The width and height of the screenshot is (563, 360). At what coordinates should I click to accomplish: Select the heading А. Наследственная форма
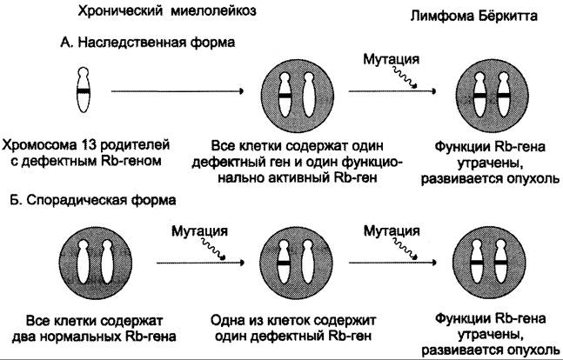tap(147, 43)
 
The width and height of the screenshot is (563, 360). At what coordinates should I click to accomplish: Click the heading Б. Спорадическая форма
tap(93, 200)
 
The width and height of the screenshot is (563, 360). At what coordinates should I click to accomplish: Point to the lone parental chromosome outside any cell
tap(84, 90)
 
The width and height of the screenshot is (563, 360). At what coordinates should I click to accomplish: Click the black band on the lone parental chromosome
tap(84, 91)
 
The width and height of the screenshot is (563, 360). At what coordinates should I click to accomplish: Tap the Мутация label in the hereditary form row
tap(391, 59)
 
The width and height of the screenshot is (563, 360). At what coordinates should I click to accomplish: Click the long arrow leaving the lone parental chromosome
tap(178, 91)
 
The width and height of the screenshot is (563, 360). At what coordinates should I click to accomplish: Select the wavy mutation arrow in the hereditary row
tap(405, 77)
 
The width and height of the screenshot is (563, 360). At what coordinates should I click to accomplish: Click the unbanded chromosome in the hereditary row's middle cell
tap(309, 95)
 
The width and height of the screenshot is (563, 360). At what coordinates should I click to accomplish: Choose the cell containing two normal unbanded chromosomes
tap(96, 263)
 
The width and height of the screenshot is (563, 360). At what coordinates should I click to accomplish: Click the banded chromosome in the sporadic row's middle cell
tap(284, 263)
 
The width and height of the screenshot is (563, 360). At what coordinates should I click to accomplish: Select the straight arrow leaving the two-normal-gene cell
tap(200, 263)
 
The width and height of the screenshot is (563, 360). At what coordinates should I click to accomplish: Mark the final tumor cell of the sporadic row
tap(489, 263)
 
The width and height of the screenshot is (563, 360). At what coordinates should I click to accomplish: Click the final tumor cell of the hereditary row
tap(492, 96)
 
